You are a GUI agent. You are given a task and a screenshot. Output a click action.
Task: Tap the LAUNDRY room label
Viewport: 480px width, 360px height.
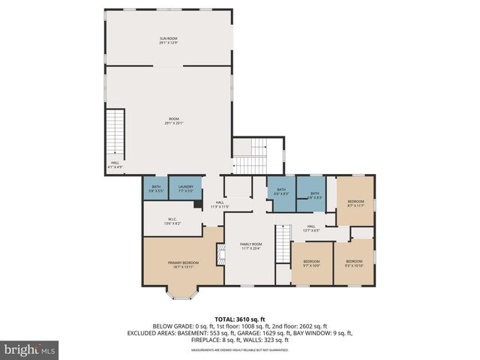click(x=184, y=187)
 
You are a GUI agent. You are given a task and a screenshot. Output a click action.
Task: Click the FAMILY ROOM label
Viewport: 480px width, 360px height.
click(x=250, y=244)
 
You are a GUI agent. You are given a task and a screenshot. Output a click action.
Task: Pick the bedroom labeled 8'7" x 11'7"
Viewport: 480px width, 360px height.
click(x=355, y=202)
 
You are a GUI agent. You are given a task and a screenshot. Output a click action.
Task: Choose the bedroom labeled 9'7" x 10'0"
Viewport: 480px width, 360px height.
click(x=311, y=262)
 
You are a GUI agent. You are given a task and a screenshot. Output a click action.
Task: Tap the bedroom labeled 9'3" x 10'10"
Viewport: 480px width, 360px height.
click(x=354, y=262)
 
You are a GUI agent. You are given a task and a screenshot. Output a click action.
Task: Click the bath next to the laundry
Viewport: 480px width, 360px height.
click(x=156, y=187)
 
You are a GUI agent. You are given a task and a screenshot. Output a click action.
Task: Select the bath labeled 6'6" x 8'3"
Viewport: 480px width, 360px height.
click(x=280, y=190)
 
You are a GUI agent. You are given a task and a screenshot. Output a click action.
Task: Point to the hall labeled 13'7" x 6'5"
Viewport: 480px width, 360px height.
click(x=310, y=227)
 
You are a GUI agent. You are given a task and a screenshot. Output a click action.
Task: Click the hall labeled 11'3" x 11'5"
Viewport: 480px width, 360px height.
click(x=220, y=203)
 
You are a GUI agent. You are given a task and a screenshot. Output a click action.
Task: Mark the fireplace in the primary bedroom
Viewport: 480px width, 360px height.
click(x=220, y=256)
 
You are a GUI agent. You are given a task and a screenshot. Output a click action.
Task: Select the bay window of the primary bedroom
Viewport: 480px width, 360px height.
click(x=183, y=292)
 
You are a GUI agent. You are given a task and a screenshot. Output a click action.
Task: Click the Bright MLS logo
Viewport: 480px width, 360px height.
click(x=30, y=349)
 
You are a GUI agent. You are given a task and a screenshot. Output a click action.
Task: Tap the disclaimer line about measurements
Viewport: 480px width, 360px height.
click(x=240, y=349)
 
